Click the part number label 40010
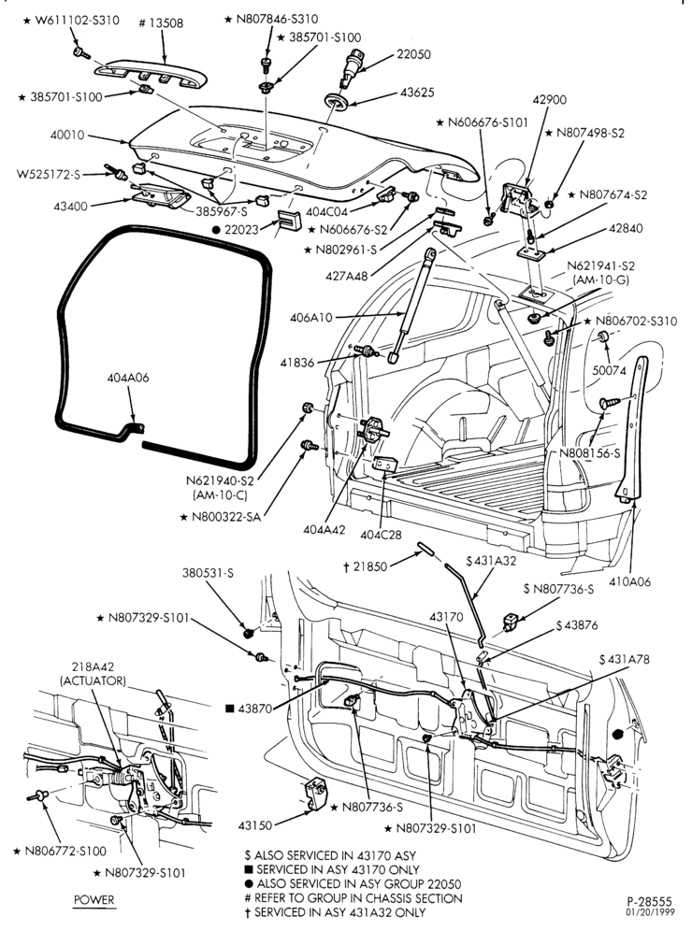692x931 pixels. pos(67,136)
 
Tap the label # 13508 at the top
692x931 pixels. pos(161,23)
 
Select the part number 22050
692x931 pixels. pos(413,54)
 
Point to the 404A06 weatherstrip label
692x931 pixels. pos(128,378)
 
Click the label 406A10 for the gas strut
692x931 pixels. pos(311,318)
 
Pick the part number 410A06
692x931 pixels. pos(629,581)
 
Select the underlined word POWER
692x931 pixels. pos(94,899)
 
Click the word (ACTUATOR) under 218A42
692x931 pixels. pos(94,680)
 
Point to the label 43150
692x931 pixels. pos(255,825)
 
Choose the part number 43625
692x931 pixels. pos(417,93)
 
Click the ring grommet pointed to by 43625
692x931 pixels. pos(337,101)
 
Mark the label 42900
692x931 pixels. pos(550,100)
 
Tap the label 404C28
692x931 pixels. pos(381,535)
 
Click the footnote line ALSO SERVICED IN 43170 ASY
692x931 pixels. pos(330,855)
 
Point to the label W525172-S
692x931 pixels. pos(48,175)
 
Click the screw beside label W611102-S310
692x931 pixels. pos(81,53)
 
